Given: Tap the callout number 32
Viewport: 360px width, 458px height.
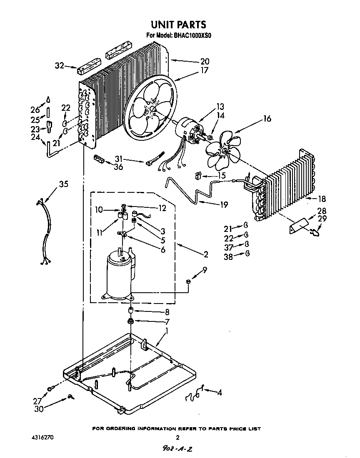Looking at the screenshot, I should click(x=60, y=65).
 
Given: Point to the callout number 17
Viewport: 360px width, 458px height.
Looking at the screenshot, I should click(x=204, y=70).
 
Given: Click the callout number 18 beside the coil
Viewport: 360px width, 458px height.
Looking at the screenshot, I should click(x=322, y=199).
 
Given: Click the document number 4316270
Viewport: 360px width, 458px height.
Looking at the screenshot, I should click(x=42, y=438).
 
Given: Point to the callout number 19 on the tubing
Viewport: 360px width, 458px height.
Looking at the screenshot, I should click(x=224, y=204).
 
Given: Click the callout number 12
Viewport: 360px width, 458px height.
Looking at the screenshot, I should click(x=162, y=208).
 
